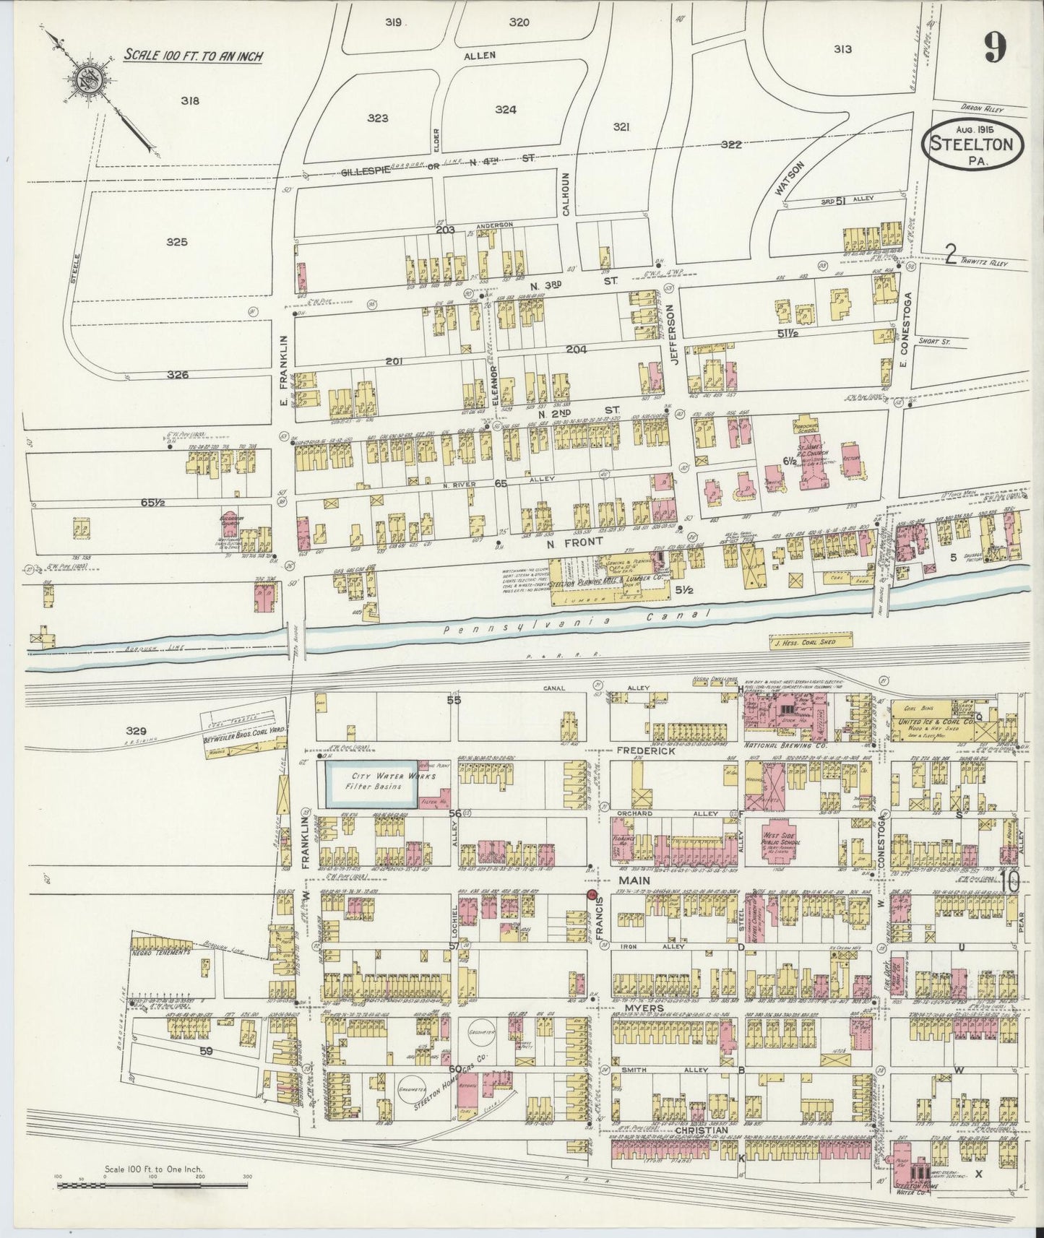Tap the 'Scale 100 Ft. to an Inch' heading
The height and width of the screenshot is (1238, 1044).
[x=193, y=55]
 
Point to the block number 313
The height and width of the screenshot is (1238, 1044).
[x=842, y=49]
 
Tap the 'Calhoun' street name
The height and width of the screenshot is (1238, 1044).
[x=567, y=193]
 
